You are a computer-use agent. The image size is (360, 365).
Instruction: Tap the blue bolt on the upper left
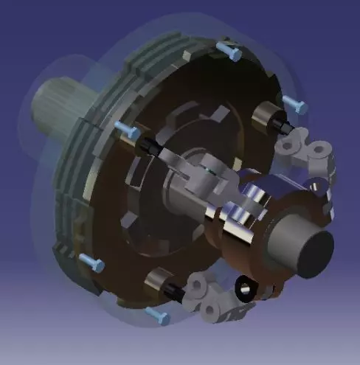(x=126, y=131)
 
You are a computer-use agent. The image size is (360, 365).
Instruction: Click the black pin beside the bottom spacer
(x=176, y=293)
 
